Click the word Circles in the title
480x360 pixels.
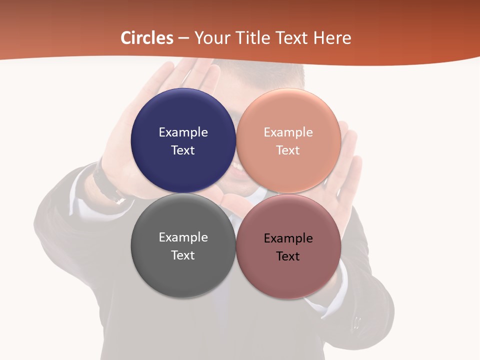147,38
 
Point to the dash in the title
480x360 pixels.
183,38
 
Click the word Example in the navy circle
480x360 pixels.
183,132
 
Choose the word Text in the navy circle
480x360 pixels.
183,150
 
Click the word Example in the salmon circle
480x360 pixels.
288,132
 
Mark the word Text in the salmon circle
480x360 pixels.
288,150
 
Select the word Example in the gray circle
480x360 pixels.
183,237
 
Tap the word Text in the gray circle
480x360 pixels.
183,255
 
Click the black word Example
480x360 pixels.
288,238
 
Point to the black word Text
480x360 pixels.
288,256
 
